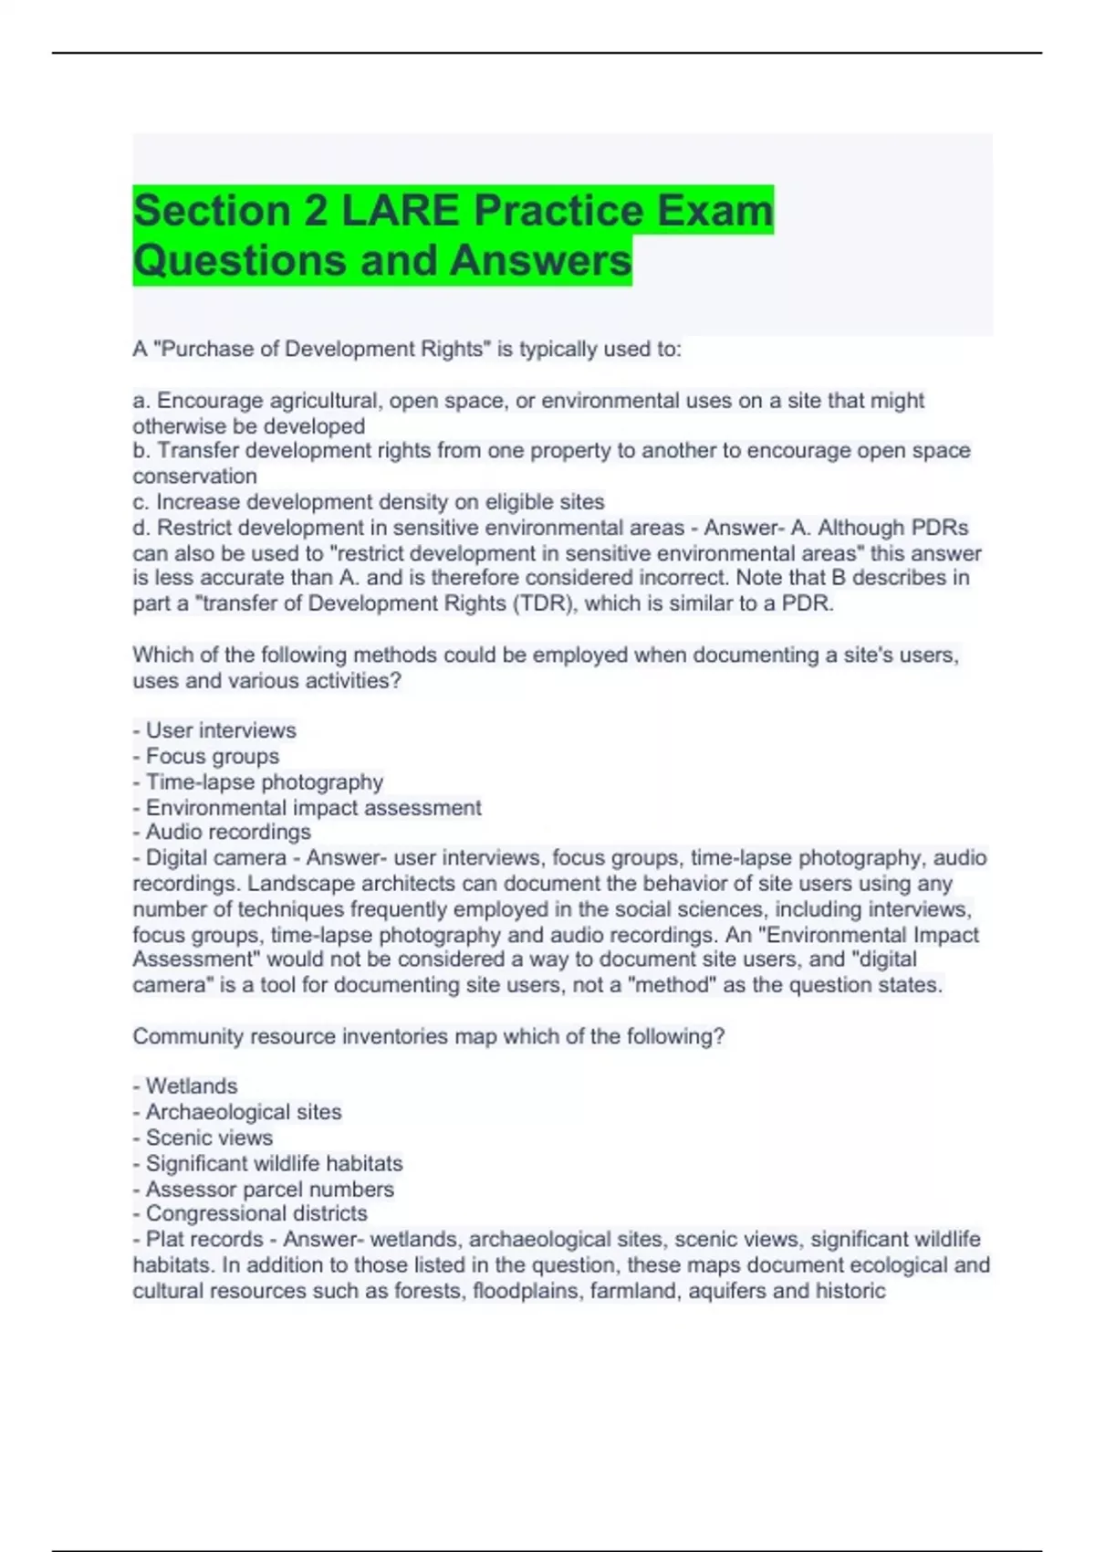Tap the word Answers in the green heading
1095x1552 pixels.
click(540, 260)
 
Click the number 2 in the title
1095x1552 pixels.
click(316, 211)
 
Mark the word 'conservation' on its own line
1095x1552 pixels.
click(194, 476)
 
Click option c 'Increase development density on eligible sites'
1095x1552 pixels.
click(369, 501)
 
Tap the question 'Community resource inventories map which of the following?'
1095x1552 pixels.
click(428, 1036)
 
